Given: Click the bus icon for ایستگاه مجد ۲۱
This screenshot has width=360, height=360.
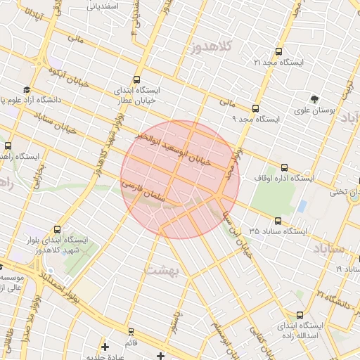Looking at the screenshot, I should pyautogui.click(x=279, y=51).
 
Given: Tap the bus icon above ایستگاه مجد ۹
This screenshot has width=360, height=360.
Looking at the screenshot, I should pyautogui.click(x=255, y=109).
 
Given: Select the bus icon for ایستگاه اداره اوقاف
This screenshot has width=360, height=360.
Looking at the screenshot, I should pyautogui.click(x=284, y=167).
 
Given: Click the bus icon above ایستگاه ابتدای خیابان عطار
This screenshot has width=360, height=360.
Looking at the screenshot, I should pyautogui.click(x=136, y=80).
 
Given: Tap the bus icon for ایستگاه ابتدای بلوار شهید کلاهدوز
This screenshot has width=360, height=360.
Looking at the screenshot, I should pyautogui.click(x=57, y=229).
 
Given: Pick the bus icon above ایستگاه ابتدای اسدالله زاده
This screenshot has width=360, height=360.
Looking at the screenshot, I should pyautogui.click(x=300, y=315).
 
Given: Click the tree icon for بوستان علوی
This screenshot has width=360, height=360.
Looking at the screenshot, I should pyautogui.click(x=314, y=99).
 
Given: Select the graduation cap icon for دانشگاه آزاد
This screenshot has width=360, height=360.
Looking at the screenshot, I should pyautogui.click(x=27, y=90).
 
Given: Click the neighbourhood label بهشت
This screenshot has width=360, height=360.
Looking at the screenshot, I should pyautogui.click(x=162, y=269).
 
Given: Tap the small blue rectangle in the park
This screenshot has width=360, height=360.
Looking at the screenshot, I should pyautogui.click(x=302, y=207).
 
